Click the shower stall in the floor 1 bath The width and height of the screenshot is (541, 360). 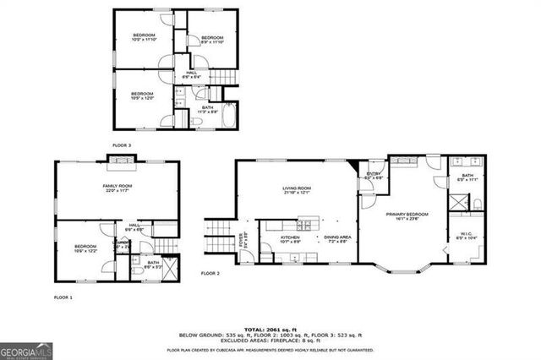170,270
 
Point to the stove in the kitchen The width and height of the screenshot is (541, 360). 303,226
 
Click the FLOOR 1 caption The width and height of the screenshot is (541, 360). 63,297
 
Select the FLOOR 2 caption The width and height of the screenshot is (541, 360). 210,274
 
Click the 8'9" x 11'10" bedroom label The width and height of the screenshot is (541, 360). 211,39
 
